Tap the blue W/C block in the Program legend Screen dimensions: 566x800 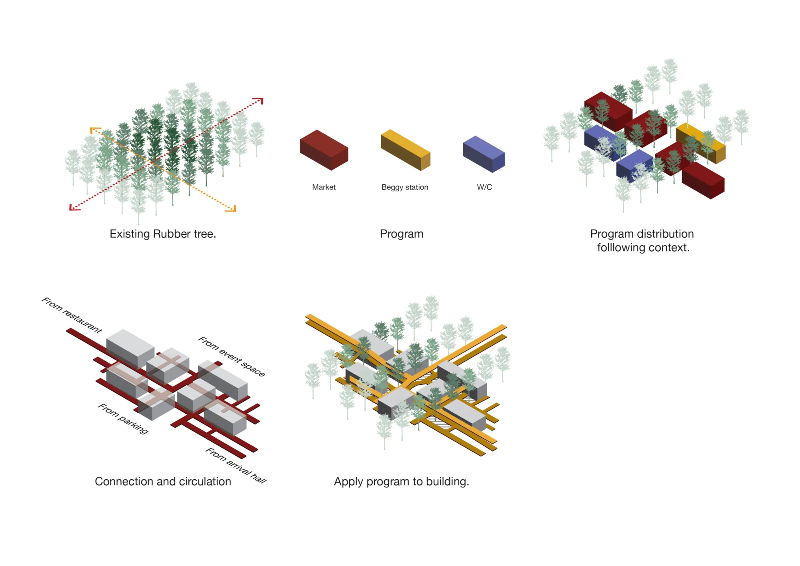pyautogui.click(x=484, y=154)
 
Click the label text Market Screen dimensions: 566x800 pyautogui.click(x=324, y=187)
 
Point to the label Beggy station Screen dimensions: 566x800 pyautogui.click(x=405, y=187)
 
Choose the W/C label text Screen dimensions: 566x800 pyautogui.click(x=484, y=187)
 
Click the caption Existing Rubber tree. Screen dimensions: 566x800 pyautogui.click(x=163, y=234)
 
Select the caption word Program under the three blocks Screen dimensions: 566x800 pyautogui.click(x=402, y=234)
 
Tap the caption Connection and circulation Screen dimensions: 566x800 pyautogui.click(x=163, y=482)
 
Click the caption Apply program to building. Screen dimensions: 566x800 pyautogui.click(x=402, y=482)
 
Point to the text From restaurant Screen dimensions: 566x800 pyautogui.click(x=72, y=315)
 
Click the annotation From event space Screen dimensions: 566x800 pyautogui.click(x=232, y=356)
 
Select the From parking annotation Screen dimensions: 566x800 pyautogui.click(x=123, y=418)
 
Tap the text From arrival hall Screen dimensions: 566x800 pyautogui.click(x=236, y=465)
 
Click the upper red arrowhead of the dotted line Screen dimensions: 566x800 pyautogui.click(x=260, y=100)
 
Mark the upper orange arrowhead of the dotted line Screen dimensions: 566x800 pyautogui.click(x=94, y=130)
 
